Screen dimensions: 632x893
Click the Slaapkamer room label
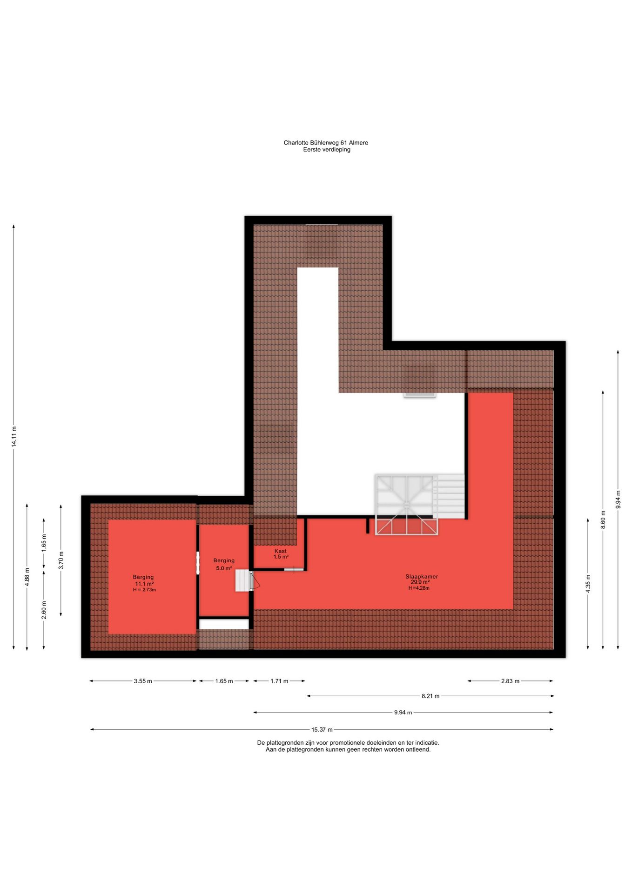point(421,577)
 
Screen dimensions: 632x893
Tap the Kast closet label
point(281,551)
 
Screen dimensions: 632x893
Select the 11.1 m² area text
point(144,584)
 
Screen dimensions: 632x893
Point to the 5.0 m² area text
point(224,568)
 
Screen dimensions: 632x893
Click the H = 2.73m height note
point(144,590)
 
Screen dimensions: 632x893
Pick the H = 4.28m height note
point(419,588)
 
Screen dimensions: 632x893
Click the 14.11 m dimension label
point(14,437)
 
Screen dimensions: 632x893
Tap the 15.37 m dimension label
point(322,730)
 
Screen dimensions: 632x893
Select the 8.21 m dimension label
point(430,696)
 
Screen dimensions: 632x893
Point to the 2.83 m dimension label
point(510,681)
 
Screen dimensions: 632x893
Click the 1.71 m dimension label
point(279,681)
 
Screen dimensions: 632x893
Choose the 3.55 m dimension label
point(143,681)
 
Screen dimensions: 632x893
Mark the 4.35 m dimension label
point(588,583)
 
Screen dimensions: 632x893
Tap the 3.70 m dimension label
point(61,560)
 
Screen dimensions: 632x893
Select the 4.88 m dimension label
point(27,577)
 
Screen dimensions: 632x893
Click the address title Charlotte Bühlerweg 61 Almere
point(326,143)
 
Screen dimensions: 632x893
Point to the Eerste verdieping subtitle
point(327,150)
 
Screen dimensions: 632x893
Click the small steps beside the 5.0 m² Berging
point(243,580)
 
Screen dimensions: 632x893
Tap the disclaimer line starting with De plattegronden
point(348,743)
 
